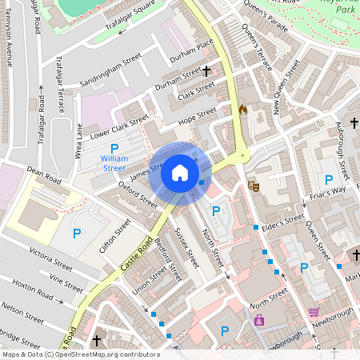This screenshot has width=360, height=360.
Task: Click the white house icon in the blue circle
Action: [180, 173]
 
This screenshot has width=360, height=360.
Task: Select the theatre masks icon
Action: [255, 185]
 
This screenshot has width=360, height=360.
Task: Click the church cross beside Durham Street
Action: [206, 71]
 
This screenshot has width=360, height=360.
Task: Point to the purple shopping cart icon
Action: [314, 312]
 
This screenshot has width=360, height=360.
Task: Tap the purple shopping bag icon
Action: [258, 320]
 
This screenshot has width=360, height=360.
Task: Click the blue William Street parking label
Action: [114, 163]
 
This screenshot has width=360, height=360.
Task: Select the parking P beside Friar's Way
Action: [329, 180]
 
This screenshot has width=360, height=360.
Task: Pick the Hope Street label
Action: [198, 116]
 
